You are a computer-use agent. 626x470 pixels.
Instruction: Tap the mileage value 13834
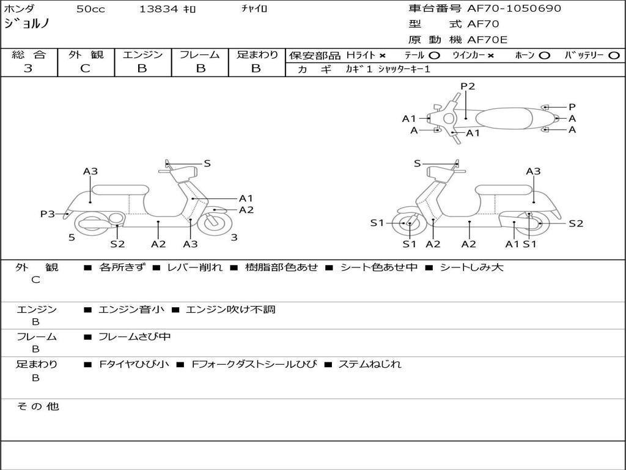pyautogui.click(x=158, y=9)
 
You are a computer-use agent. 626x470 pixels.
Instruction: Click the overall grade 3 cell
pyautogui.click(x=28, y=69)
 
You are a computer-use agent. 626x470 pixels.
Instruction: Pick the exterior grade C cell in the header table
pyautogui.click(x=85, y=69)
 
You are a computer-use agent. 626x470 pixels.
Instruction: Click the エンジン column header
pyautogui.click(x=142, y=54)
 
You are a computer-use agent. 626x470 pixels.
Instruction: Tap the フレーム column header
pyautogui.click(x=200, y=54)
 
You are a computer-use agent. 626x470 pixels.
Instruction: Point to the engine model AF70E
pyautogui.click(x=487, y=40)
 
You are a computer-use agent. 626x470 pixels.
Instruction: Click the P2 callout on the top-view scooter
pyautogui.click(x=468, y=86)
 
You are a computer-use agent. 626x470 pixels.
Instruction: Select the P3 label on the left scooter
pyautogui.click(x=48, y=214)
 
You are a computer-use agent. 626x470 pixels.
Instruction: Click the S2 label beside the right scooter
pyautogui.click(x=576, y=223)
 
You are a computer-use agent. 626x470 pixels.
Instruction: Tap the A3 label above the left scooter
pyautogui.click(x=90, y=171)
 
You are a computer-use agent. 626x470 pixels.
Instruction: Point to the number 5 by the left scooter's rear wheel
pyautogui.click(x=72, y=237)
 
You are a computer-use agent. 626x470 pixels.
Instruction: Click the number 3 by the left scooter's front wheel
pyautogui.click(x=234, y=237)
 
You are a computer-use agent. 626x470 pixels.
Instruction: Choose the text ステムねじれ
pyautogui.click(x=370, y=364)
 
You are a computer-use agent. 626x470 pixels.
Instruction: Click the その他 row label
pyautogui.click(x=37, y=406)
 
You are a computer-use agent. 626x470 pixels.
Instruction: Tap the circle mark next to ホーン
pyautogui.click(x=544, y=55)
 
